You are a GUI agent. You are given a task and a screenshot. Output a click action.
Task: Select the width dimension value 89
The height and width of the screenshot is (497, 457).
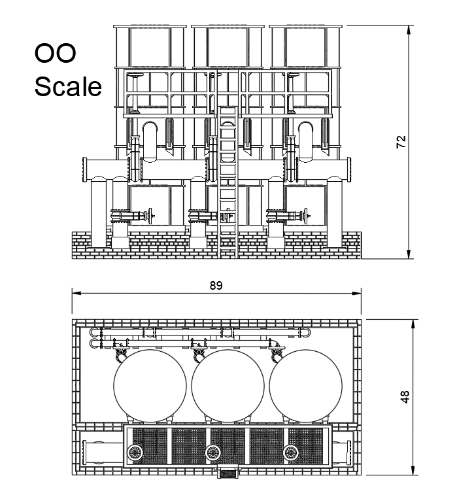(x=215, y=286)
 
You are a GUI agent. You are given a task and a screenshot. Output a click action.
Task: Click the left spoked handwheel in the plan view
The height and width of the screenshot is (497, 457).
(x=135, y=451)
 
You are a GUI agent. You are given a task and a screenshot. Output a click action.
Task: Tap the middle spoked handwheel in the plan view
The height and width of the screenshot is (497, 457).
(x=212, y=451)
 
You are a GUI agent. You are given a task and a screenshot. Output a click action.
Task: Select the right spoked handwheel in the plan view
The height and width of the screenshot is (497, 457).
(x=290, y=451)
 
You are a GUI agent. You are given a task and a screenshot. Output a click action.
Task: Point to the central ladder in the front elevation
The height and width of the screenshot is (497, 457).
(x=226, y=177)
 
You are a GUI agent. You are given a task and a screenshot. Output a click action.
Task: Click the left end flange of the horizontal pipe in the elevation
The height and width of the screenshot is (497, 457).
(x=84, y=171)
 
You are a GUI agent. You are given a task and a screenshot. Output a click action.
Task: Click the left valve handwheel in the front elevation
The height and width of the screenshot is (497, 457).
(x=152, y=214)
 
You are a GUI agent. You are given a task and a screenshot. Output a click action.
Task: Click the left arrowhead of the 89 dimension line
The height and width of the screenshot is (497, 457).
(x=75, y=295)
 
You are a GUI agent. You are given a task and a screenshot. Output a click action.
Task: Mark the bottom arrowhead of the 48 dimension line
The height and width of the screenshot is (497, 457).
(x=413, y=470)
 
